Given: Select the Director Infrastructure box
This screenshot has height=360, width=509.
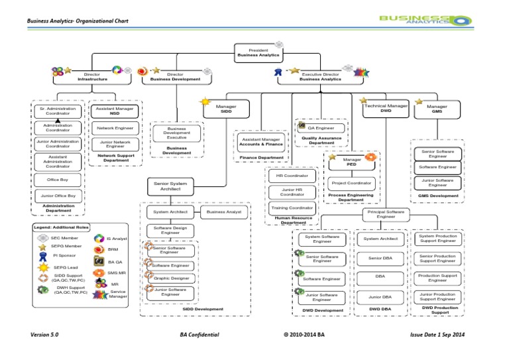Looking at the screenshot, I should click(92, 76).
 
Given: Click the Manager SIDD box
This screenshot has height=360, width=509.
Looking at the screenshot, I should click(227, 108).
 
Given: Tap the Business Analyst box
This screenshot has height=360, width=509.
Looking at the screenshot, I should click(224, 212).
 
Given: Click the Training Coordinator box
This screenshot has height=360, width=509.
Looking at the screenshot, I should click(292, 208).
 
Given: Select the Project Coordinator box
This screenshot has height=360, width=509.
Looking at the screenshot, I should click(351, 182).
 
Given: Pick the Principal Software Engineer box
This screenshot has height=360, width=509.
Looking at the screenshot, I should click(386, 213).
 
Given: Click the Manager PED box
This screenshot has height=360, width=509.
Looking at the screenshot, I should click(351, 161).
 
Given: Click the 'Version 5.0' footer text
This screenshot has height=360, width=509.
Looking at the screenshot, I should click(42, 335).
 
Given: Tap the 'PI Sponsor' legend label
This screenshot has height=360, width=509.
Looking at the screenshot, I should click(64, 255).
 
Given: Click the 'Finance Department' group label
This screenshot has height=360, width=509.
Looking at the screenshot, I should click(261, 158).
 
